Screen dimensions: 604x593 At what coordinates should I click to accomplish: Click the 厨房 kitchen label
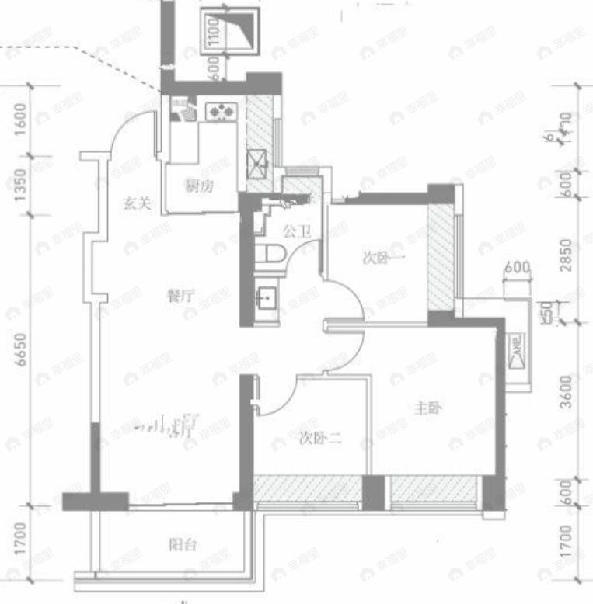[199, 186]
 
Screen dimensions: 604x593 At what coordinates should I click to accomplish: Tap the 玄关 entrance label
[136, 205]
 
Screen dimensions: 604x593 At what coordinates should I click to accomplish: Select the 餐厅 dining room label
[180, 295]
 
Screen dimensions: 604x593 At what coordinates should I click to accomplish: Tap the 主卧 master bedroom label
[428, 408]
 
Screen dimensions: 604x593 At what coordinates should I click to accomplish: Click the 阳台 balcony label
[183, 545]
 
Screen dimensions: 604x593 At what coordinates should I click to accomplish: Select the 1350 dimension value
[22, 187]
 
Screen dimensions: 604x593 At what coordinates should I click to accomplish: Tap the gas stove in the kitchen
[221, 112]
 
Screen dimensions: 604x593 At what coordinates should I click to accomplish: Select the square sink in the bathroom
[264, 297]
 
